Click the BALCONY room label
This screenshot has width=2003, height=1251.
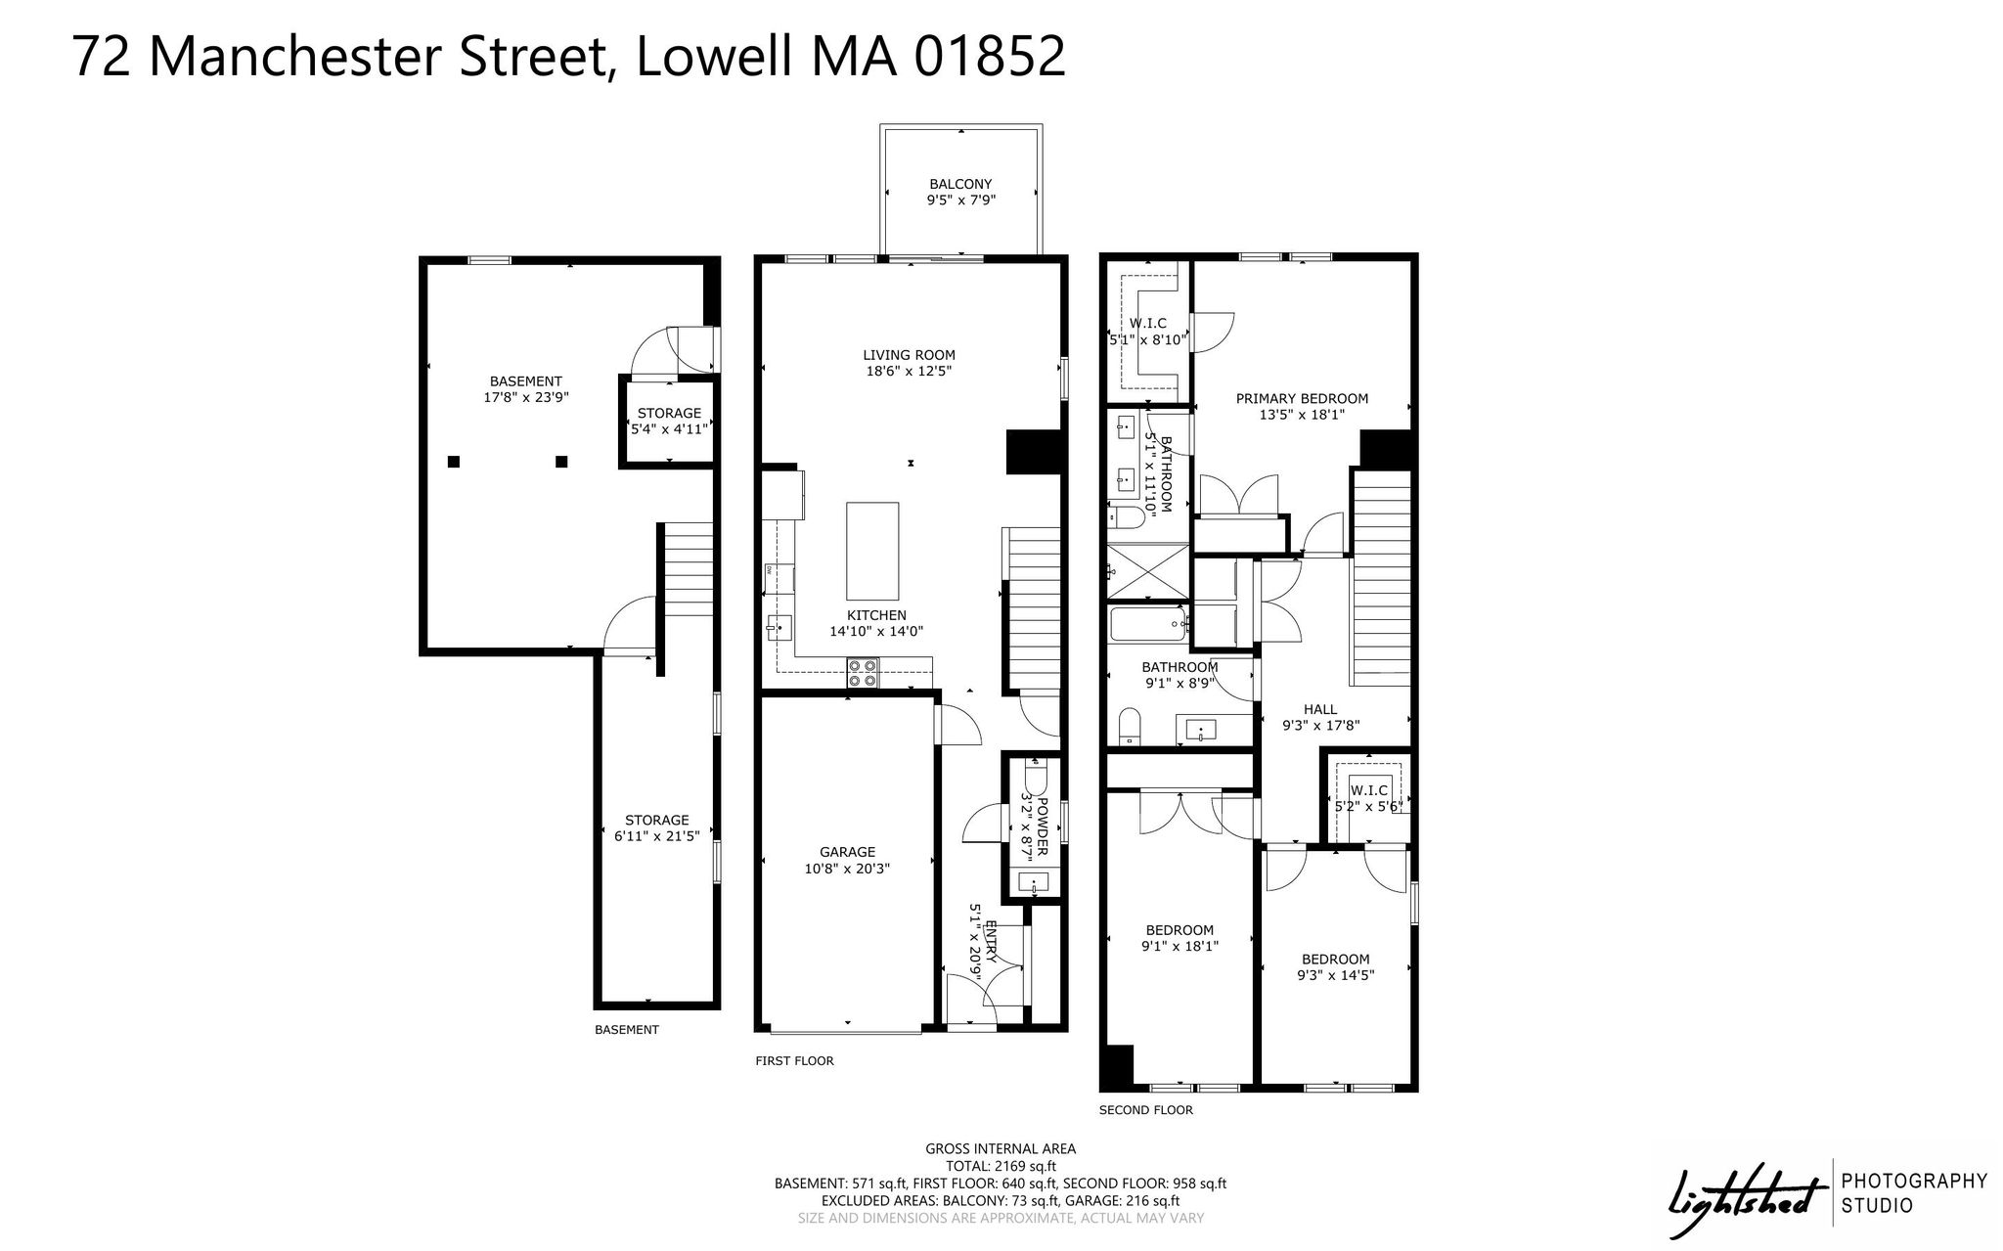(x=960, y=184)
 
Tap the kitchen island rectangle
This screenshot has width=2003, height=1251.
(x=872, y=551)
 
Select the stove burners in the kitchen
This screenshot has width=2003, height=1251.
(x=863, y=673)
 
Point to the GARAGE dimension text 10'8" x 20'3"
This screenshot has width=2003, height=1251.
(x=847, y=868)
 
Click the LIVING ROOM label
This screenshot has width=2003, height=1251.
(x=909, y=355)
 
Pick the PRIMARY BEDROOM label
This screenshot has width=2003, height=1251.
(x=1302, y=398)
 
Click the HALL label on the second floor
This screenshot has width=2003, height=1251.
(x=1320, y=709)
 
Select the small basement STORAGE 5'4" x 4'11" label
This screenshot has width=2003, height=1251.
(x=669, y=421)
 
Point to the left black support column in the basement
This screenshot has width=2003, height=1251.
(x=454, y=462)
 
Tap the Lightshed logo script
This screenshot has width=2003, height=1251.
(x=1747, y=1195)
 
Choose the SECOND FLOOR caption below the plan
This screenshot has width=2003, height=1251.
(x=1145, y=1110)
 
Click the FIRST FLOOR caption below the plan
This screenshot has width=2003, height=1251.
(x=794, y=1060)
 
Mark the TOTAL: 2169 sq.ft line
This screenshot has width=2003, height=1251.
(x=1001, y=1166)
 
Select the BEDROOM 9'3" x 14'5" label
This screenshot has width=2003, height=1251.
(x=1335, y=966)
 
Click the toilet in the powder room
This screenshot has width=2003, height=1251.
(x=1035, y=778)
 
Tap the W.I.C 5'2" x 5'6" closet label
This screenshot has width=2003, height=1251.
(x=1369, y=798)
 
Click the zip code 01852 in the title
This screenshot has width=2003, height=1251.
(x=989, y=56)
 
